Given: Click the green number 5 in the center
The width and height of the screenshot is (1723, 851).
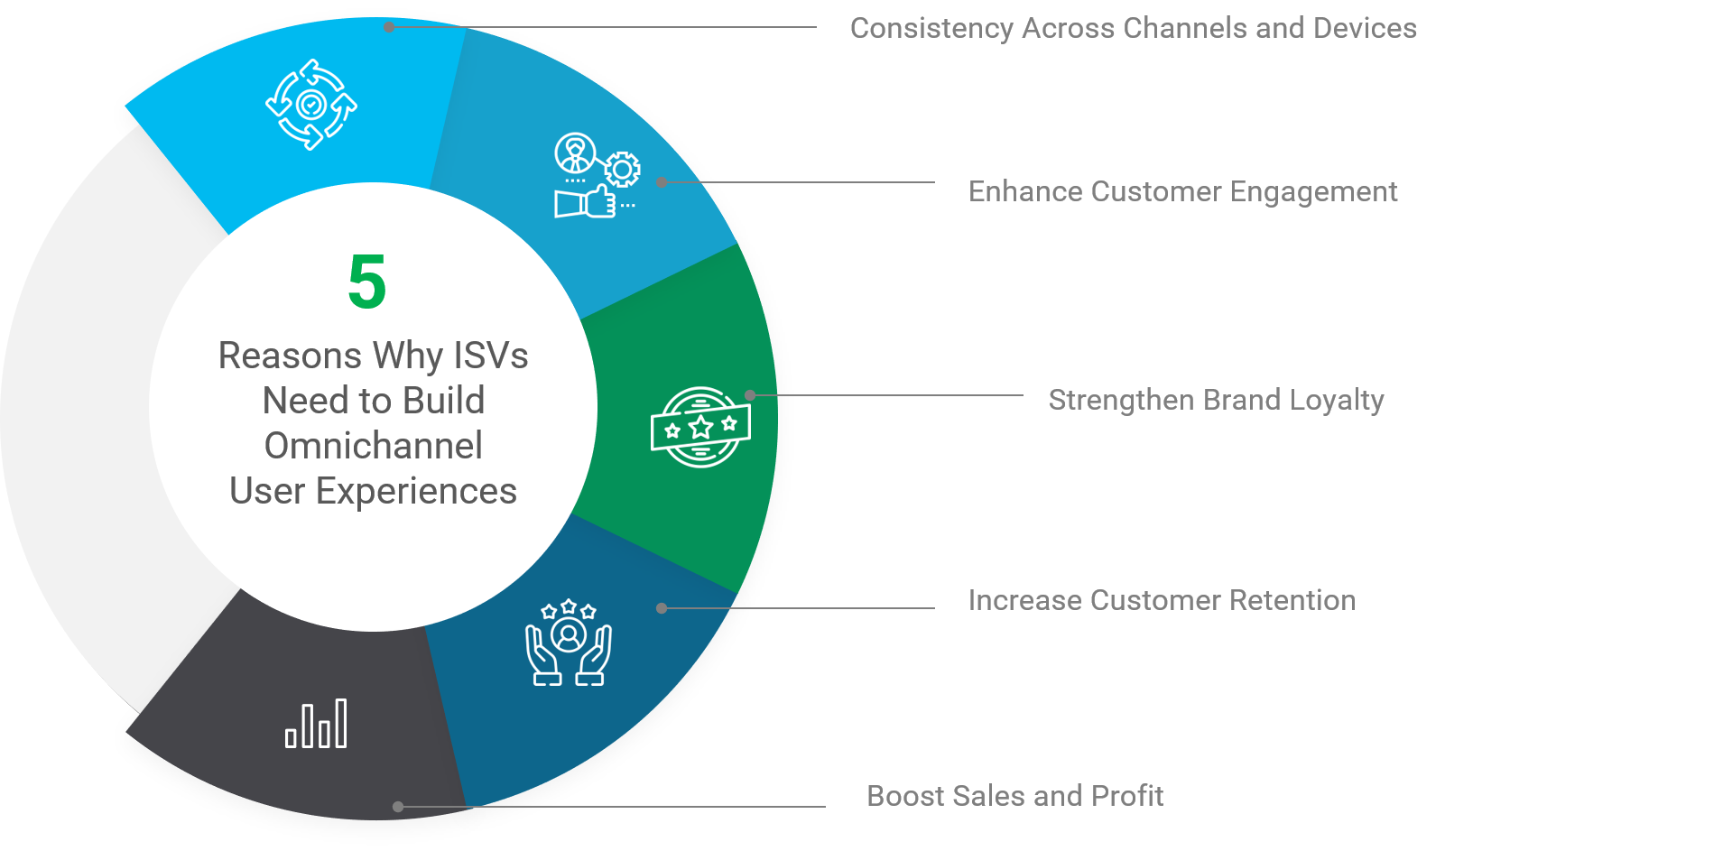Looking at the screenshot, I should coord(367,282).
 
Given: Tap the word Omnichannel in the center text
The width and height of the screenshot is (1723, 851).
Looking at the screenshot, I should coord(373,446).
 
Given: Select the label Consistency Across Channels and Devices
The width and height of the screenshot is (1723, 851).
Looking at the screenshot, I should coord(1133,29).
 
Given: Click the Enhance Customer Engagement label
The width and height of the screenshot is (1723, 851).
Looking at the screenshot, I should coord(1182,192).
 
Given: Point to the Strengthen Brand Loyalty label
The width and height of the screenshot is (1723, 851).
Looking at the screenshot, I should coord(1216,400).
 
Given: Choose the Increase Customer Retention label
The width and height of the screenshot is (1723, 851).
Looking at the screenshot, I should coord(1162,601).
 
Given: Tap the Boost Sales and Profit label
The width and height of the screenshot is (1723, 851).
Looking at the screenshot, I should coord(1014,796).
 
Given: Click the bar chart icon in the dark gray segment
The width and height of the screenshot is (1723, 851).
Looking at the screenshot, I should coord(316,725).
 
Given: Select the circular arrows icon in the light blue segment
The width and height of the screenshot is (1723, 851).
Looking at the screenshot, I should coord(311,105).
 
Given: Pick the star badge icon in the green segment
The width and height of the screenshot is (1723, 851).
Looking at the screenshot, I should coord(700,427).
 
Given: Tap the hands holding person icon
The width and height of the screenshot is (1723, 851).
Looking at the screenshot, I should coord(569,643).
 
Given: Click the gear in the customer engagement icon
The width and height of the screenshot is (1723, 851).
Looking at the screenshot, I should coord(622,169).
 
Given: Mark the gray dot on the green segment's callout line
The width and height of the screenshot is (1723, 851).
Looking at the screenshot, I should coord(750,395).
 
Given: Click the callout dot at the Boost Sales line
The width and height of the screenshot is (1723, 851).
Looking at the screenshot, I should coord(398,807).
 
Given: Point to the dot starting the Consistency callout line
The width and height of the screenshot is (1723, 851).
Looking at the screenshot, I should coord(389,27).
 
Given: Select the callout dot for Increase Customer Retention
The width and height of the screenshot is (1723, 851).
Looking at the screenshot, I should coord(662,608).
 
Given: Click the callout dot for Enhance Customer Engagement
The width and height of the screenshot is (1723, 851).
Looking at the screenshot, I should coord(662,182).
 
